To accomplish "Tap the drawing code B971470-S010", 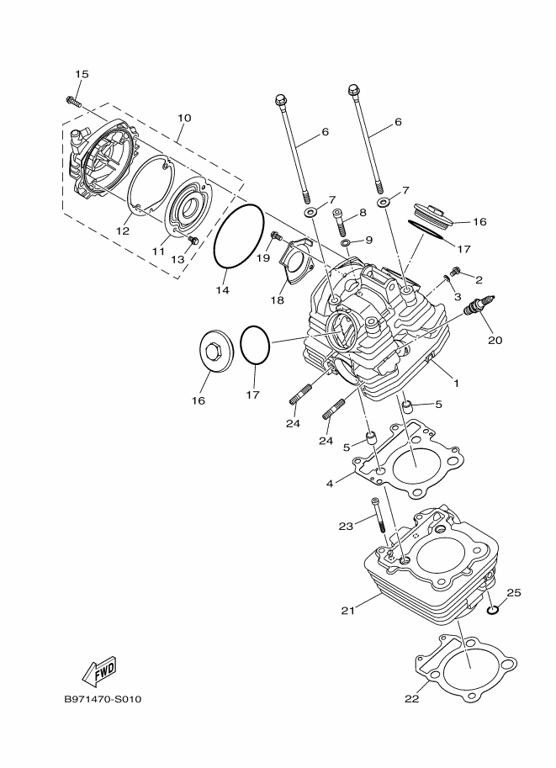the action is [x=103, y=699].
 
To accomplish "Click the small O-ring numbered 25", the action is [x=493, y=610].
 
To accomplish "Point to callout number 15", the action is [x=82, y=74].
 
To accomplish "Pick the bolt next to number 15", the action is [x=72, y=101].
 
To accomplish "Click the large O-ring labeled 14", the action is [x=239, y=236].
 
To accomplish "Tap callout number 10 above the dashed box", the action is [x=184, y=118].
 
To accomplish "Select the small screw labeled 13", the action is [x=193, y=240].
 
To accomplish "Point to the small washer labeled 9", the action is [x=346, y=243].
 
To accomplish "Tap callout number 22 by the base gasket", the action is [x=412, y=699].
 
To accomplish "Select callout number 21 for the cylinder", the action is [x=347, y=611].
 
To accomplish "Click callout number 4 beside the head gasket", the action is [x=330, y=484].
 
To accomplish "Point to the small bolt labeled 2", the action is [x=456, y=269].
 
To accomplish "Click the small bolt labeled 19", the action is [x=276, y=237].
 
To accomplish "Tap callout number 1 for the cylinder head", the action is [x=456, y=384].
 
